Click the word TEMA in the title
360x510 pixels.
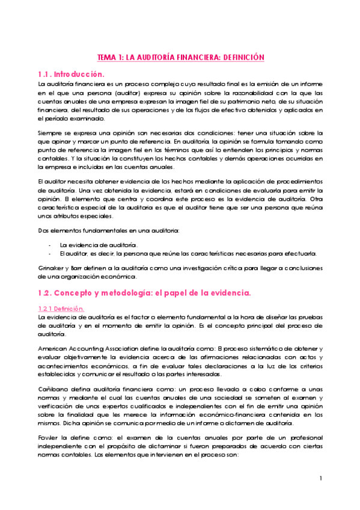click(x=107, y=57)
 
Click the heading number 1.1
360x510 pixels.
click(x=46, y=74)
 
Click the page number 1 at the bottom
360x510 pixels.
click(x=322, y=478)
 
